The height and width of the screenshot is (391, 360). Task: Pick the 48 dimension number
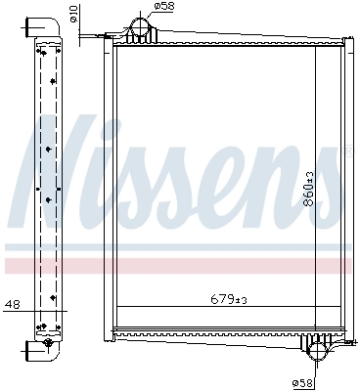click(x=12, y=305)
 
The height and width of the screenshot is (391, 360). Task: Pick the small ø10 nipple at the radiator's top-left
click(x=103, y=37)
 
